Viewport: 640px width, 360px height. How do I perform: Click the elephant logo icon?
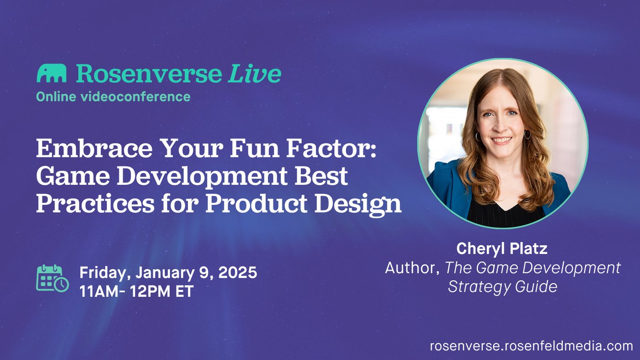pyautogui.click(x=51, y=73)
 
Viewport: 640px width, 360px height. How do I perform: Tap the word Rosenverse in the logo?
pyautogui.click(x=149, y=73)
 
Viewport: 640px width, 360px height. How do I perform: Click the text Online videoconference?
pyautogui.click(x=113, y=97)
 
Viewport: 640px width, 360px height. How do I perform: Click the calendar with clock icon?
pyautogui.click(x=53, y=278)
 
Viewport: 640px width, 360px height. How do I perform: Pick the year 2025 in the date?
pyautogui.click(x=238, y=272)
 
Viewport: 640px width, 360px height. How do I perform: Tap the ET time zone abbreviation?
pyautogui.click(x=184, y=291)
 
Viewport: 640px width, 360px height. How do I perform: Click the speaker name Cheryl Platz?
pyautogui.click(x=502, y=248)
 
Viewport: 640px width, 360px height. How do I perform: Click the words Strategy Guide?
pyautogui.click(x=502, y=286)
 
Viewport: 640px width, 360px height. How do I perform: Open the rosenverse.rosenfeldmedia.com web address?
pyautogui.click(x=531, y=346)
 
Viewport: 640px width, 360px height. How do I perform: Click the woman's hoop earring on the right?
pyautogui.click(x=527, y=134)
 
